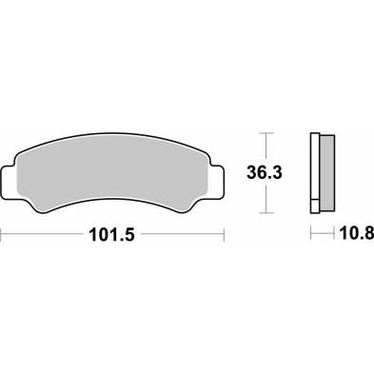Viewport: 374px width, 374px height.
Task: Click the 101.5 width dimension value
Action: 113,233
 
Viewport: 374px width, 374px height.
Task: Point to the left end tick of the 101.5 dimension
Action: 2,233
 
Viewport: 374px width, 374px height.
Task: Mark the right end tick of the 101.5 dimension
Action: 225,233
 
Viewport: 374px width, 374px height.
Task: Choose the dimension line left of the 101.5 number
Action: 43,233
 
